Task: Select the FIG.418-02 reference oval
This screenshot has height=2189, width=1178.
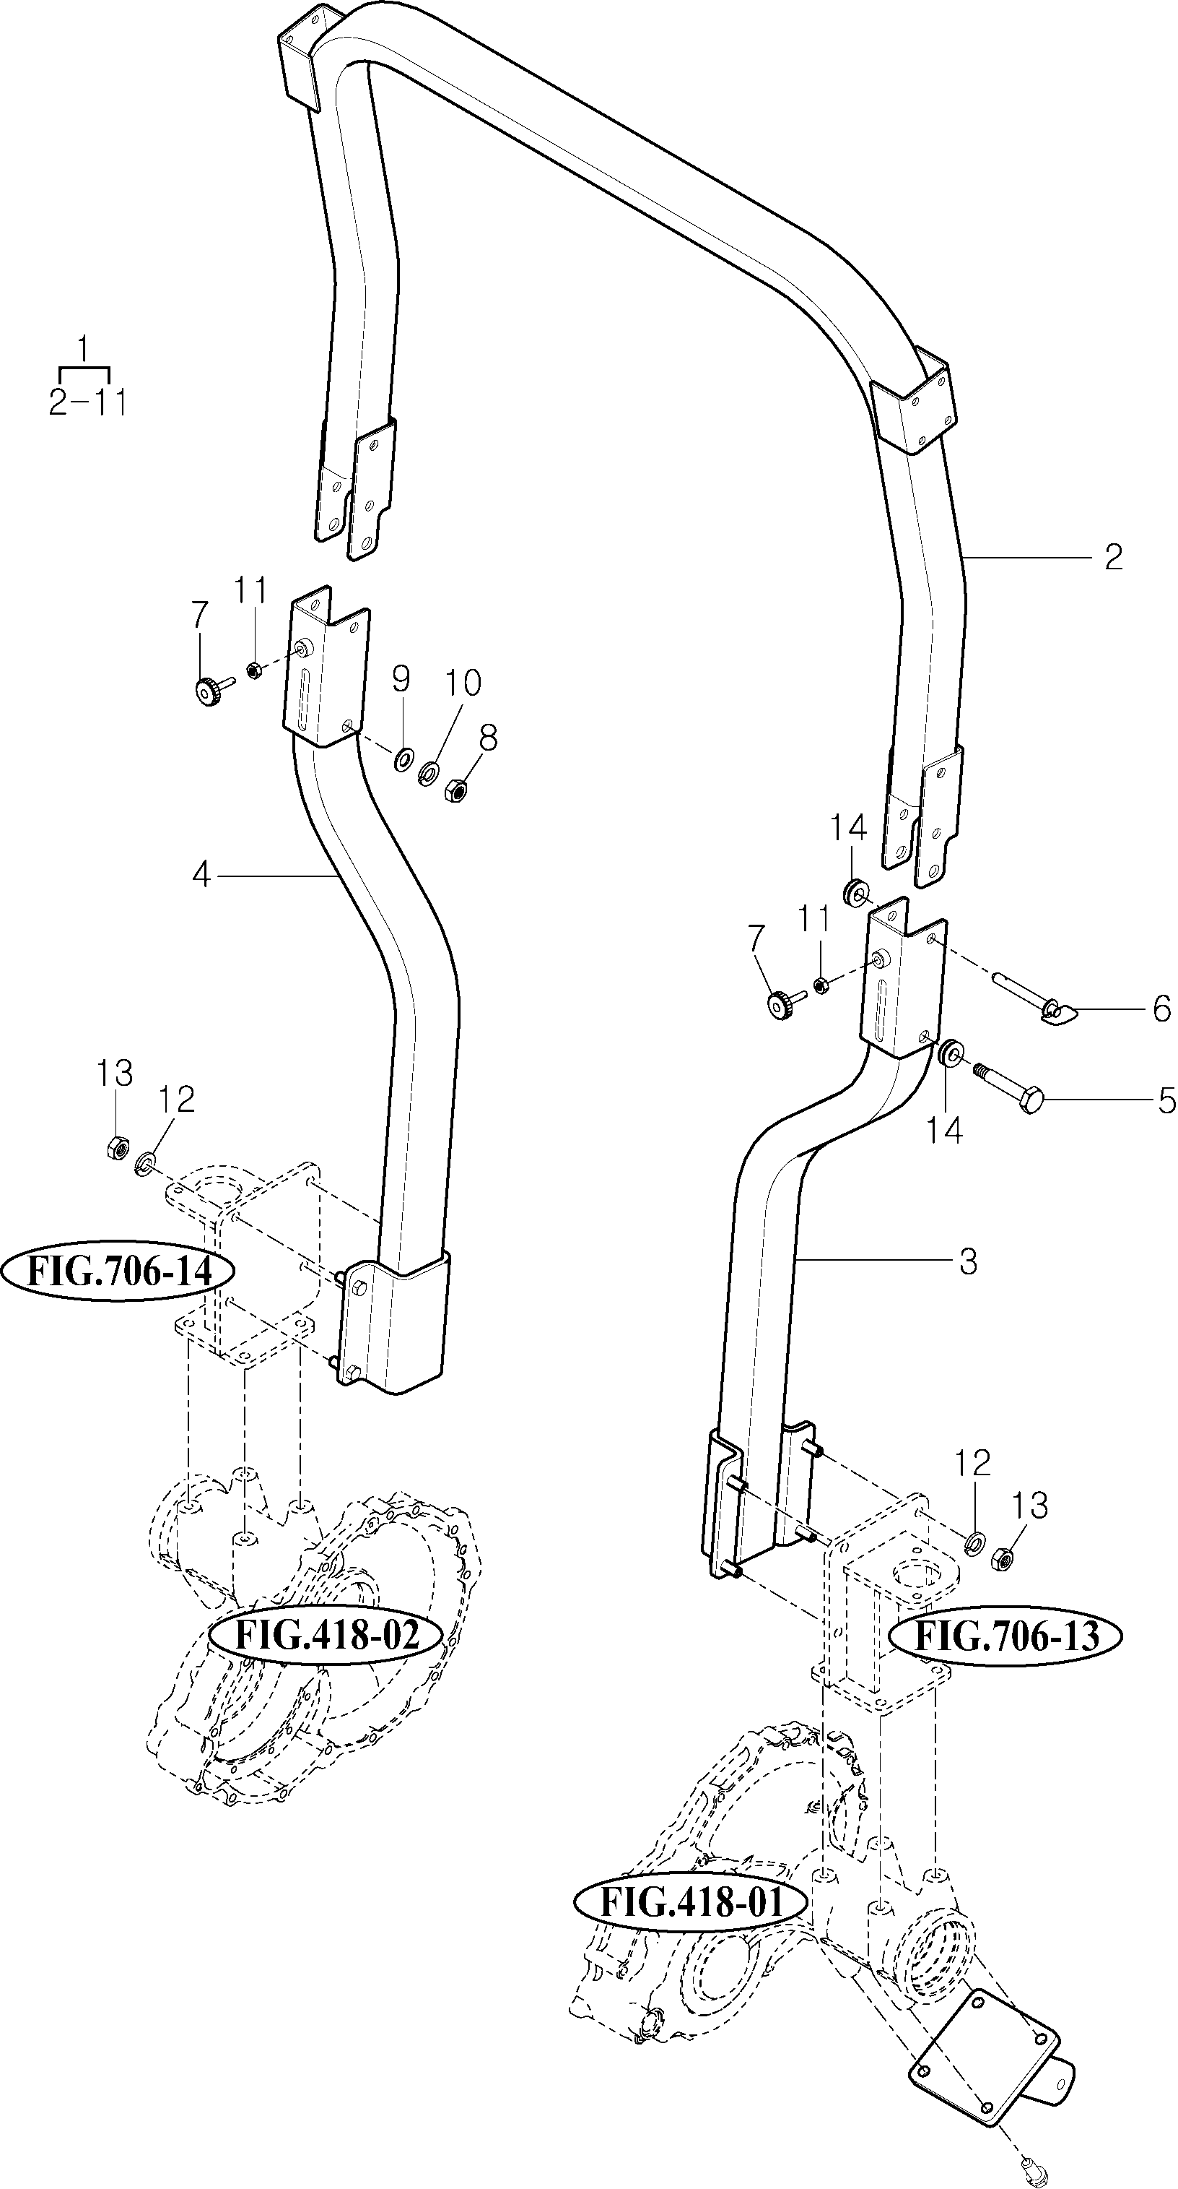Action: click(x=327, y=1634)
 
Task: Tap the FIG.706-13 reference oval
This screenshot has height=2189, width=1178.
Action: click(x=1005, y=1635)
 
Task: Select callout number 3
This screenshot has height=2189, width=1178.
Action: click(x=968, y=1262)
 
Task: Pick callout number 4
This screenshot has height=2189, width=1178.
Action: click(x=201, y=873)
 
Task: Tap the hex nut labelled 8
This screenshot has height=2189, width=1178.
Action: click(x=455, y=792)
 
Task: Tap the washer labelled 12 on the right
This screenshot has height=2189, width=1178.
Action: click(x=976, y=1535)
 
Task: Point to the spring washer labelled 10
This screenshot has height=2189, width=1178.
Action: click(x=429, y=772)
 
